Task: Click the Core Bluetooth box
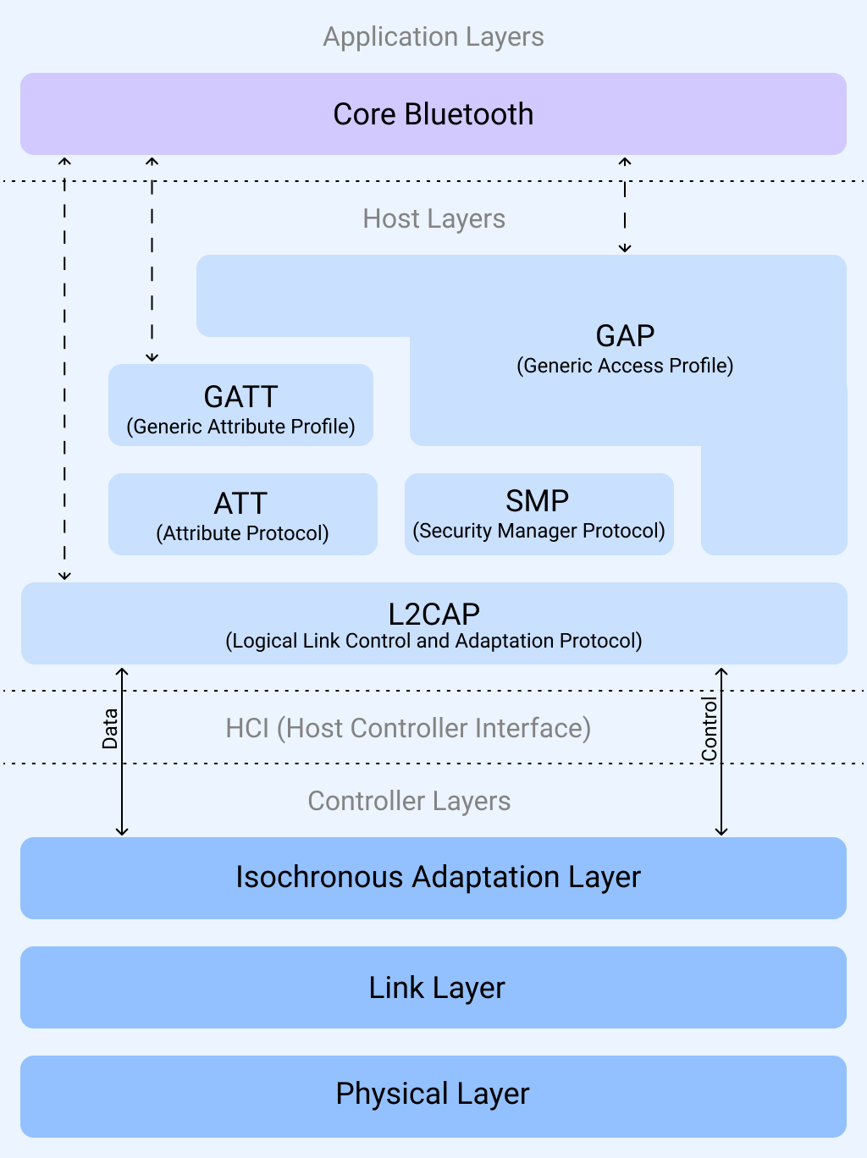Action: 433,114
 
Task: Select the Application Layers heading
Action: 433,37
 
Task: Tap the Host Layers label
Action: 433,219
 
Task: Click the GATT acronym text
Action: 240,397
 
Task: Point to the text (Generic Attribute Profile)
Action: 240,427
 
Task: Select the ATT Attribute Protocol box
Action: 242,515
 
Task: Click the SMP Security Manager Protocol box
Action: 538,515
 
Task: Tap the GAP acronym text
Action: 625,336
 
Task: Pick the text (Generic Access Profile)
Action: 625,366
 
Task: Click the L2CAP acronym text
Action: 433,614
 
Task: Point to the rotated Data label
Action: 110,729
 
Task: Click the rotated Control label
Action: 710,729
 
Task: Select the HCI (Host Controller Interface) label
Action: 408,728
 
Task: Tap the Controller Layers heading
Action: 409,801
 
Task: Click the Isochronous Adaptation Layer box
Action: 433,878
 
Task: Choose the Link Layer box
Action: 433,988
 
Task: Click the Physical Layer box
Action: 433,1095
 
